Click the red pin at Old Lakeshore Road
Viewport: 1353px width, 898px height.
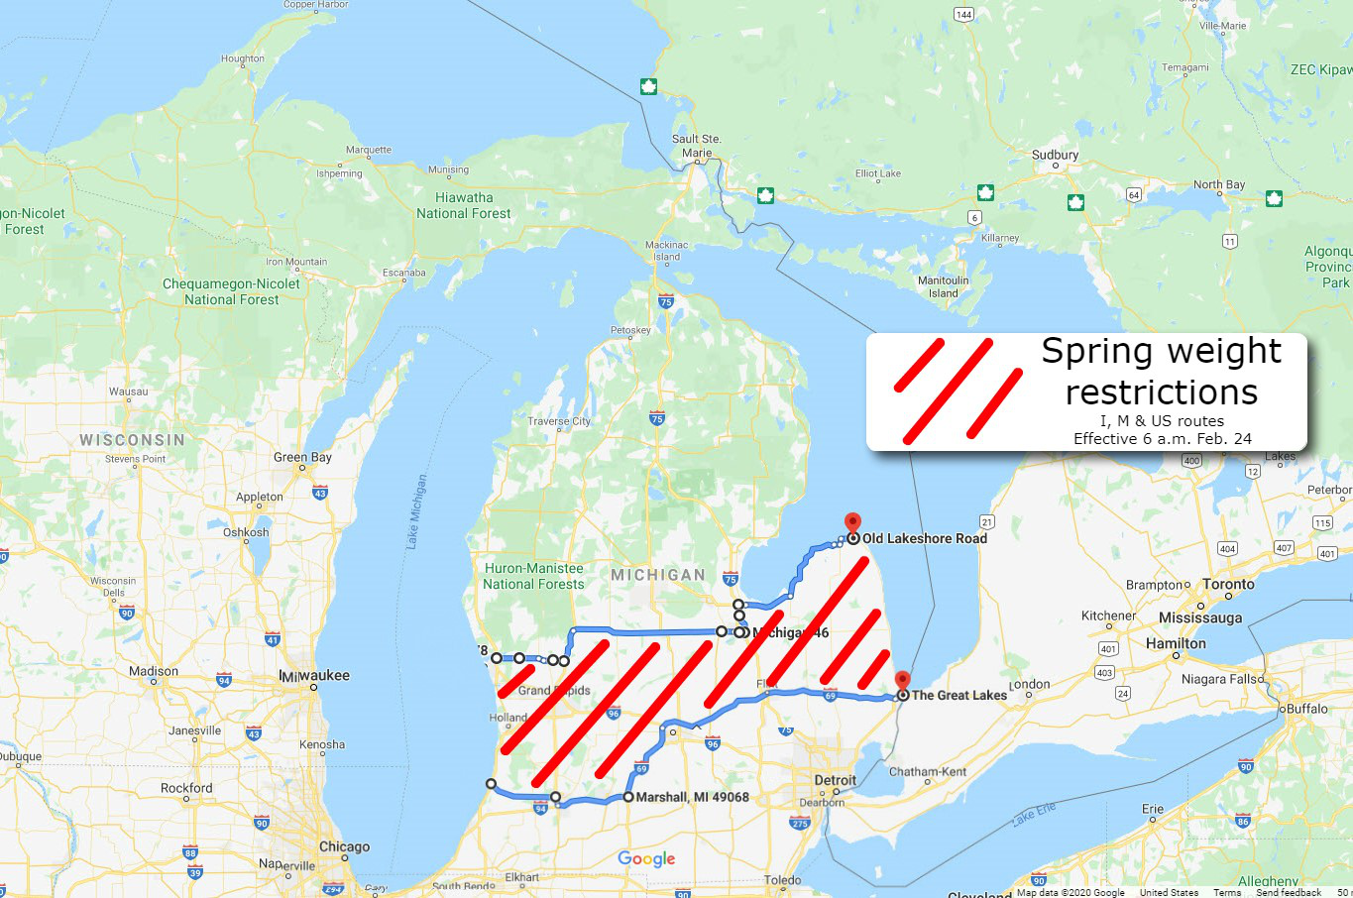(x=852, y=523)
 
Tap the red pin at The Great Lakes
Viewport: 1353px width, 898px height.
(x=902, y=681)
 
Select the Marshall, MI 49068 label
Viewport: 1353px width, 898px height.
(x=692, y=797)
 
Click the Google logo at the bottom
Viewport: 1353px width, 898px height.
(x=646, y=858)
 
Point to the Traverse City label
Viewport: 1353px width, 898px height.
(x=559, y=421)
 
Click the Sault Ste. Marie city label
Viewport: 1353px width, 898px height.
(x=696, y=146)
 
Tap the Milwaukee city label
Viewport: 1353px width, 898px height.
(x=314, y=675)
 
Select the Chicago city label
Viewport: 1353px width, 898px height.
(x=344, y=846)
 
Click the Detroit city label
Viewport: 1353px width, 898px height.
(x=835, y=780)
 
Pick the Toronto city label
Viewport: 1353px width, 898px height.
(x=1228, y=584)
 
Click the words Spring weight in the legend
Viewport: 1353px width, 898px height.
(x=1161, y=351)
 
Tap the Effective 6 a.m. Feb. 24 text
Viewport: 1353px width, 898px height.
(x=1162, y=438)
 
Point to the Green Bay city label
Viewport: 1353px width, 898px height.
(x=302, y=457)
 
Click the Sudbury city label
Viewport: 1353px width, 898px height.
(x=1055, y=155)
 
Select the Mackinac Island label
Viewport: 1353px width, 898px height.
(x=666, y=251)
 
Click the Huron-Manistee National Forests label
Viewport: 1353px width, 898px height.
(x=533, y=576)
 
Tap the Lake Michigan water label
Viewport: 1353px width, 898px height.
(x=416, y=511)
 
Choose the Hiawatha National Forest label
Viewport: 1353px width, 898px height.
(x=463, y=205)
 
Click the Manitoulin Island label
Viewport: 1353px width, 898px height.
(x=943, y=286)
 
